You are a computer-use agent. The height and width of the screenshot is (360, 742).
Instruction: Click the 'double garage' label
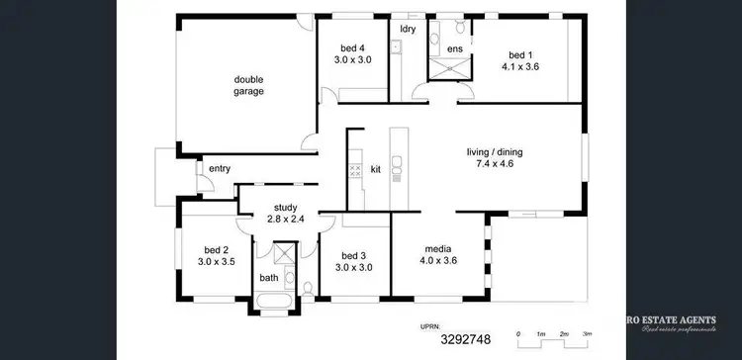click(x=248, y=85)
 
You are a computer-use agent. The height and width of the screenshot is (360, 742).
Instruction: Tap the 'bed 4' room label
click(x=352, y=48)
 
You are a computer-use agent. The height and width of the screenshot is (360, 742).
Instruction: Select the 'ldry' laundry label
click(x=406, y=29)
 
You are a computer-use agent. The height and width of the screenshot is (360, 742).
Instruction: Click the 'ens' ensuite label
click(x=454, y=48)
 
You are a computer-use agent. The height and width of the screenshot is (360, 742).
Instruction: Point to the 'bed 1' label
click(x=519, y=54)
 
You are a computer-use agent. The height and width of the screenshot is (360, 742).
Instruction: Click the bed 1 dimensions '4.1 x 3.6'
click(x=519, y=66)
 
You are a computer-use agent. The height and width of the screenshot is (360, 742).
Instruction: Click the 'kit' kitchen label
click(x=376, y=169)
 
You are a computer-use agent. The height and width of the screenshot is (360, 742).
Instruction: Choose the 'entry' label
click(x=220, y=169)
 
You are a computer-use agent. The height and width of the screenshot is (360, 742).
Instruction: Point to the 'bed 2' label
click(x=217, y=249)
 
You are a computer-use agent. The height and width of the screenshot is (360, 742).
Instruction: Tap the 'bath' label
click(x=269, y=278)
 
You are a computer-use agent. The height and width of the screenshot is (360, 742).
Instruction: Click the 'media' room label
click(x=439, y=248)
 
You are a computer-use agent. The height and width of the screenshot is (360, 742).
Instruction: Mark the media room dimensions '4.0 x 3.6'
click(x=439, y=261)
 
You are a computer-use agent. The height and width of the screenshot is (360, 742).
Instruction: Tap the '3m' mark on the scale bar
click(x=587, y=335)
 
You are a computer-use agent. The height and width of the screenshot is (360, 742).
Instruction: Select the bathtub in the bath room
click(x=278, y=294)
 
